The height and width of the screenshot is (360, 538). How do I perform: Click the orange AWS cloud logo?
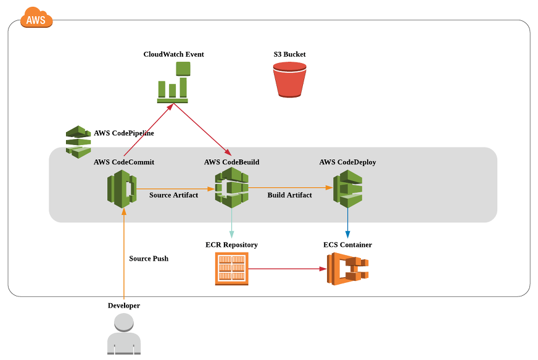point(36,19)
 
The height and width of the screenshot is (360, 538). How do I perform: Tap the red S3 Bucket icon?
point(290,80)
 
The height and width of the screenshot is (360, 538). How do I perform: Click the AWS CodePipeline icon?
point(78,142)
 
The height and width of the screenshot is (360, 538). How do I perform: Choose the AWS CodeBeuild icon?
point(231,188)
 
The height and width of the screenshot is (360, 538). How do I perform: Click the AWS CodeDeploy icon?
point(347,188)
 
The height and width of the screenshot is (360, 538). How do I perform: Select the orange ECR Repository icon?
point(231,269)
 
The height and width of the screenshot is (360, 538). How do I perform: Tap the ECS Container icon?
point(347,269)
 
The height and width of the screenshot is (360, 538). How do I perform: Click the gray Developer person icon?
point(124,333)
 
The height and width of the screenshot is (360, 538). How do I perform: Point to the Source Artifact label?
point(173,195)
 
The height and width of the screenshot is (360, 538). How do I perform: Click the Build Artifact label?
point(289,195)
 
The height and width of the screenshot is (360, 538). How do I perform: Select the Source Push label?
point(149,259)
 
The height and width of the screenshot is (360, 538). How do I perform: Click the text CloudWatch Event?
point(173,54)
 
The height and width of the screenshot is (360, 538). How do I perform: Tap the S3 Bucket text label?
point(290,54)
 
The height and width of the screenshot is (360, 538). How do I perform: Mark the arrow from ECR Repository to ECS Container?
point(287,269)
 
